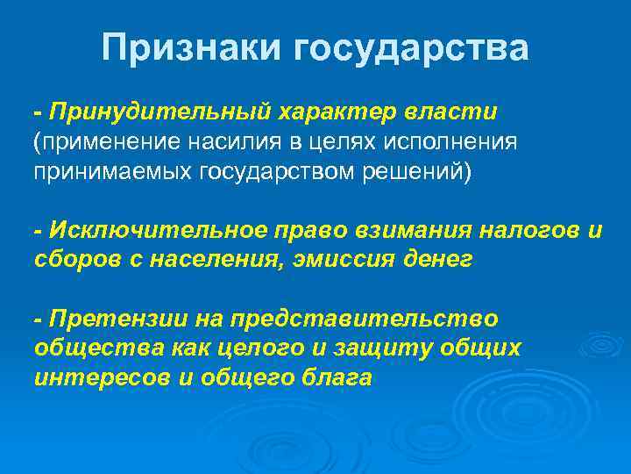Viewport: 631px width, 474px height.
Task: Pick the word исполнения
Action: pyautogui.click(x=455, y=141)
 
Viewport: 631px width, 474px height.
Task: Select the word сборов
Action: pyautogui.click(x=75, y=259)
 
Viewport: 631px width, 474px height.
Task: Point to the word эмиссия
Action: pyautogui.click(x=346, y=259)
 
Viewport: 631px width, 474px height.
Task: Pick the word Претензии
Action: pyautogui.click(x=107, y=319)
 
